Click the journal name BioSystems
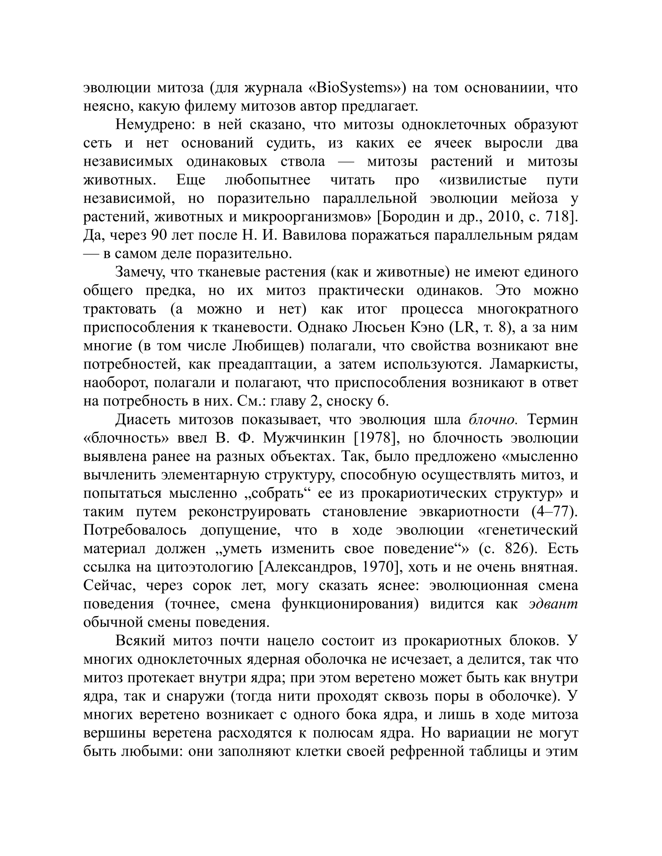(x=354, y=88)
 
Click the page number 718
(x=557, y=217)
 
